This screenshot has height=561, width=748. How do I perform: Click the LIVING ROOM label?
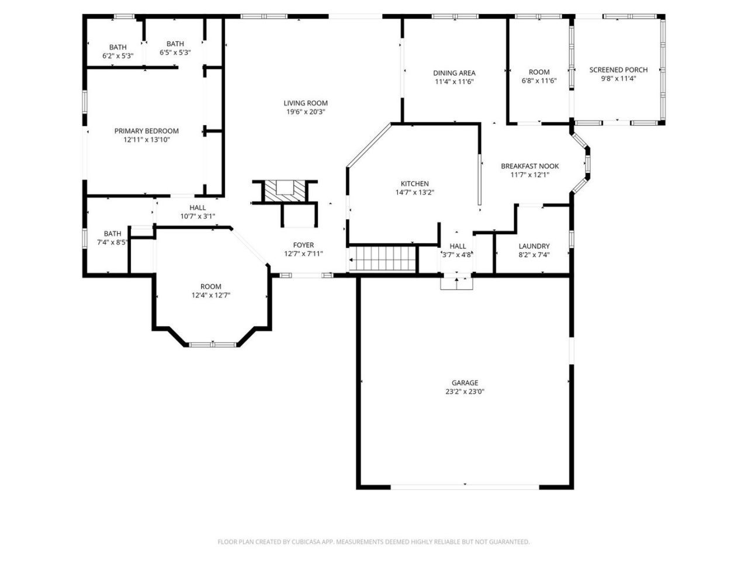[305, 103]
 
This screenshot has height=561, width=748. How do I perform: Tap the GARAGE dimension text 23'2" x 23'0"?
[465, 392]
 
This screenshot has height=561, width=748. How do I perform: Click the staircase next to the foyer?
[383, 258]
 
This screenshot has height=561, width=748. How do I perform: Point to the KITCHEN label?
[414, 183]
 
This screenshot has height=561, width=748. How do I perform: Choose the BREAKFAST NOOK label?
[529, 166]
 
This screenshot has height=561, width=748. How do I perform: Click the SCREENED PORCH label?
[618, 70]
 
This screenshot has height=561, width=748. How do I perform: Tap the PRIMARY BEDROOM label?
[146, 131]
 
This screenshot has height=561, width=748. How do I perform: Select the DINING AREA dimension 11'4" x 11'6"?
[454, 82]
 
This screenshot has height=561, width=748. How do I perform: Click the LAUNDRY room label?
[534, 246]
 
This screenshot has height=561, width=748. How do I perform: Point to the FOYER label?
[303, 245]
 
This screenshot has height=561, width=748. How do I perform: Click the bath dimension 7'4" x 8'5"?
[112, 243]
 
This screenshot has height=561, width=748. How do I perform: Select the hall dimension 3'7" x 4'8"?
[458, 255]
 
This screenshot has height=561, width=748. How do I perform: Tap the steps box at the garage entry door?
[456, 283]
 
